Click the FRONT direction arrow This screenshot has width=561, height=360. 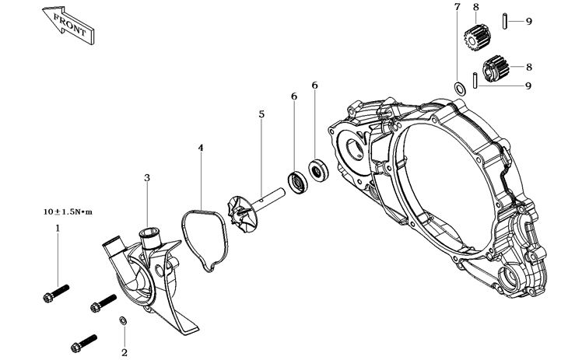pos(66,23)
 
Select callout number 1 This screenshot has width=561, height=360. pos(57,228)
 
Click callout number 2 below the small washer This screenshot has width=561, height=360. pos(124,352)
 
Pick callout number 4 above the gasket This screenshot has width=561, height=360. pos(201,147)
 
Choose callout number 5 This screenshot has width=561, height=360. pos(261,114)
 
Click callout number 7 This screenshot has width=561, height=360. pos(458,7)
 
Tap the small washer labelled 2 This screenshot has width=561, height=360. pos(123,321)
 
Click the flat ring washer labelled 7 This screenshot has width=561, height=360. pos(460,88)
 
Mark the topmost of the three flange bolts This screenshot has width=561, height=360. pos(53,293)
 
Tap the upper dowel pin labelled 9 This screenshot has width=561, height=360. pos(505,20)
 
